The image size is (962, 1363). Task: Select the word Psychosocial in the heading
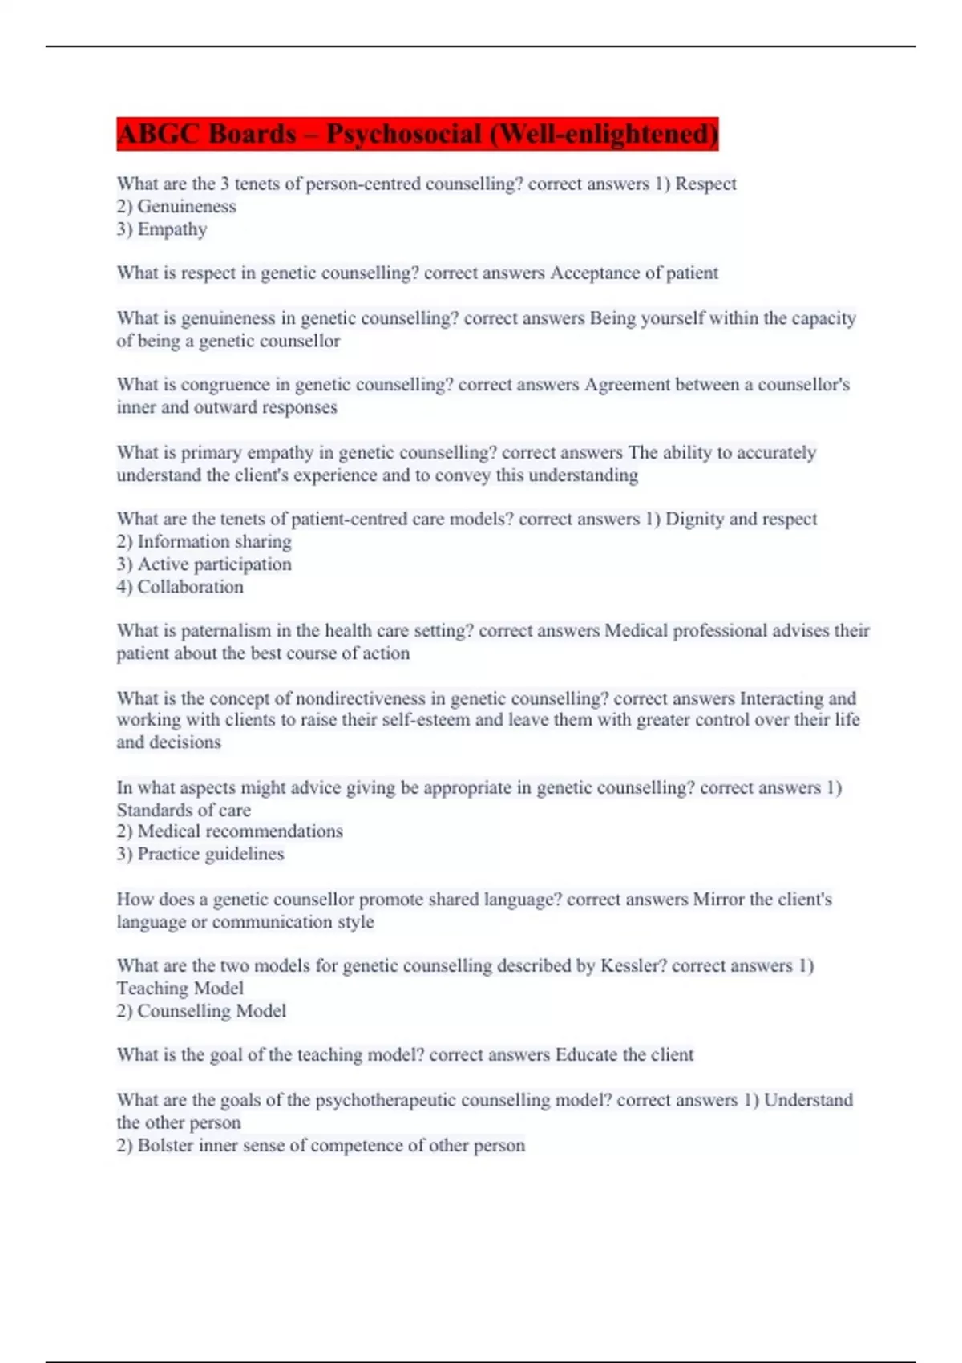pyautogui.click(x=403, y=134)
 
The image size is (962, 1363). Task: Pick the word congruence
pyautogui.click(x=225, y=385)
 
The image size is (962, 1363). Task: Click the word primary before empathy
pyautogui.click(x=211, y=453)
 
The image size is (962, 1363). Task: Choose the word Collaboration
pyautogui.click(x=190, y=587)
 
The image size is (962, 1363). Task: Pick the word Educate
pyautogui.click(x=586, y=1055)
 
